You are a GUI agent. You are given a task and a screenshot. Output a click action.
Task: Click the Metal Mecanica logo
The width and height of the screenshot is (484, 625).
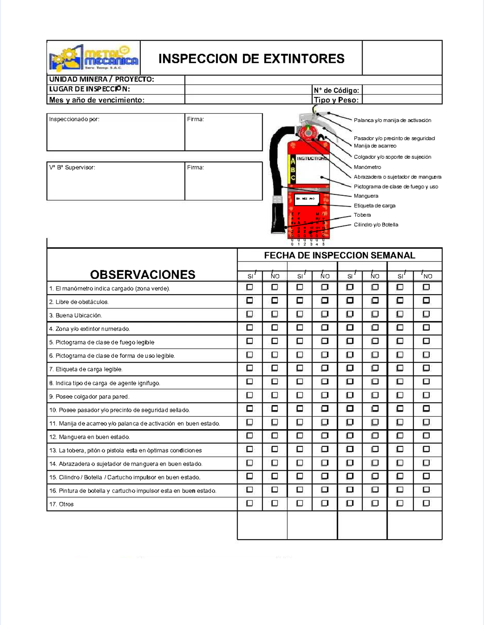coord(94,58)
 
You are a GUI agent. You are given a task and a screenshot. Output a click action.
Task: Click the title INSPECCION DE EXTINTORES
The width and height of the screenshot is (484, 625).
coord(251,59)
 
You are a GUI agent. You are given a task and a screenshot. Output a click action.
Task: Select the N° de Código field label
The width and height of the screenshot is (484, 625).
coord(336,90)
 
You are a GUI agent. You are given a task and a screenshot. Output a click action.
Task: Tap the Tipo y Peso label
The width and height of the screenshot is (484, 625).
coord(336,100)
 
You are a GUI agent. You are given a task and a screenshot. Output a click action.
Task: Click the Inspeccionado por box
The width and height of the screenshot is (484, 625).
coord(115,132)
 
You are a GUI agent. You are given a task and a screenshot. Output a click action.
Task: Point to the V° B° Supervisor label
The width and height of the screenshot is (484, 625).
coord(72,167)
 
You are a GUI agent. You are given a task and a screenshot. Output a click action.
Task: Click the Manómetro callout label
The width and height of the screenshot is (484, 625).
coord(367,167)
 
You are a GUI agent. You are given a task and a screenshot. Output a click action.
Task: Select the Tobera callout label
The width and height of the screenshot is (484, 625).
coord(362,215)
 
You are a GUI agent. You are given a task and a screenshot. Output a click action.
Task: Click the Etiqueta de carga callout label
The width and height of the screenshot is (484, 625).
coord(374,206)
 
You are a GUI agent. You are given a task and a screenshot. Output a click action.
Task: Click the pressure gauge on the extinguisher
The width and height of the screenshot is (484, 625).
coord(308,132)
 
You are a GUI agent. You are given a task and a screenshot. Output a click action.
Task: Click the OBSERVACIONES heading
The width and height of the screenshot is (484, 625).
coord(142,274)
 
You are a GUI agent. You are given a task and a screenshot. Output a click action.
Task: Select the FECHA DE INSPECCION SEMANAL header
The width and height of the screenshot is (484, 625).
coord(339,255)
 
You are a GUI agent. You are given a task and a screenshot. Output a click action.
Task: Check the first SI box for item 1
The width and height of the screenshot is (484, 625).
coord(250,287)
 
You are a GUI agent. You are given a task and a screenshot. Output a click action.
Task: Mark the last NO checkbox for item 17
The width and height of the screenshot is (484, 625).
coord(426,503)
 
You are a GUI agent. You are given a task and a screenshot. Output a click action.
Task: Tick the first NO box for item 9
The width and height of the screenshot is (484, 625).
coord(275,395)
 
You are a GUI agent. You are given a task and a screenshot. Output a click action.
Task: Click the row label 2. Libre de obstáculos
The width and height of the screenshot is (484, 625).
coord(79,302)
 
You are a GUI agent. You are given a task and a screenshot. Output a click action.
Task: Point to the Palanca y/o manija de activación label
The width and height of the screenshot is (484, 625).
coord(392,120)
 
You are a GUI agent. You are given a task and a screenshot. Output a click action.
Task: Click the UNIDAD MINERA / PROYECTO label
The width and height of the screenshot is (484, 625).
coord(101,79)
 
